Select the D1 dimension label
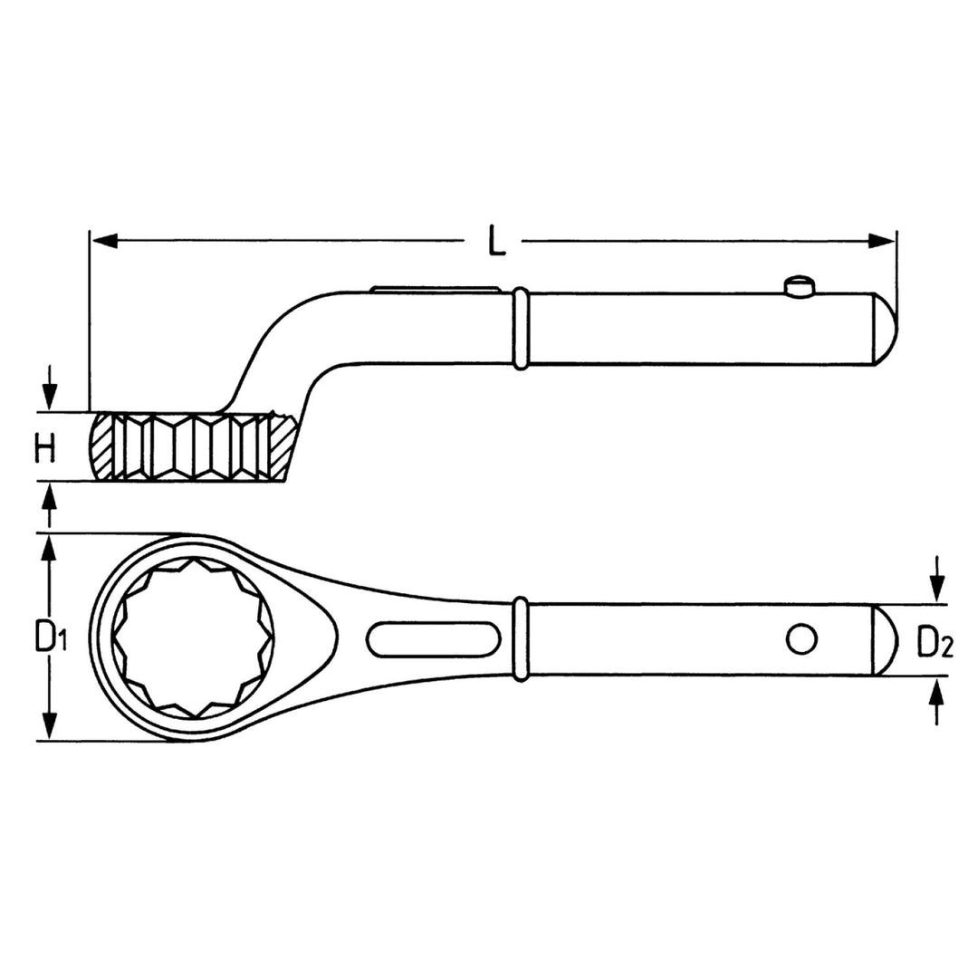tap(52, 638)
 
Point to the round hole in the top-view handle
tap(801, 639)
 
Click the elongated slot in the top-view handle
tap(434, 638)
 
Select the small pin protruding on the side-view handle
tap(798, 286)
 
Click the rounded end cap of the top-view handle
tap(884, 639)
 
